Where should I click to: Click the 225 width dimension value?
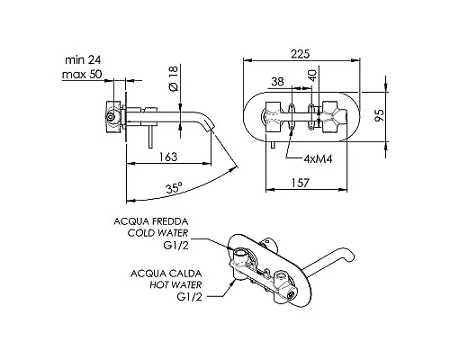pos(300,54)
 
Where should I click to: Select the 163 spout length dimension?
pos(168,157)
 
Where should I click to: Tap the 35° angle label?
pos(174,188)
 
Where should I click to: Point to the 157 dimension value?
pos(300,183)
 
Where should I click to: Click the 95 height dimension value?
pos(380,115)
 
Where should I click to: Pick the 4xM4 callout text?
pos(318,158)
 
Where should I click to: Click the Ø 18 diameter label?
pos(174,78)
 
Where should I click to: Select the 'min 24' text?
pos(83,60)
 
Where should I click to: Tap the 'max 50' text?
pos(82,74)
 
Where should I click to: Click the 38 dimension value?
pos(277,81)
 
